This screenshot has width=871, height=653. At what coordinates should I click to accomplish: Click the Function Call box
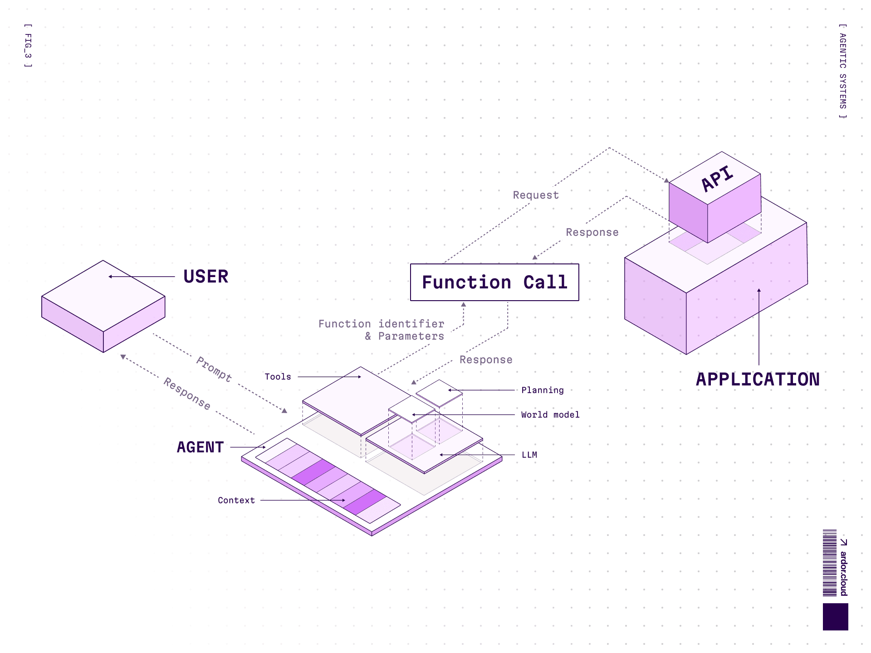coord(494,282)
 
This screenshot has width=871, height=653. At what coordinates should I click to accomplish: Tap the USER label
coord(206,277)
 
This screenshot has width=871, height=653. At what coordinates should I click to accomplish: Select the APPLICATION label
coord(758,380)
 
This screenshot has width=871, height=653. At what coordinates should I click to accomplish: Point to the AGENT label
coord(200,447)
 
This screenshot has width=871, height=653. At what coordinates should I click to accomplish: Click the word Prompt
coord(214,369)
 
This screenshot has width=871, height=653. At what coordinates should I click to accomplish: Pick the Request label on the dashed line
coord(536,195)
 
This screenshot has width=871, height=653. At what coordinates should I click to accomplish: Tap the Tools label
coord(278,377)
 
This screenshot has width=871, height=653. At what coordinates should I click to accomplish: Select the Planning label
coord(543,390)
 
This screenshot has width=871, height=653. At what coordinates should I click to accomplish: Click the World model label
coord(550,414)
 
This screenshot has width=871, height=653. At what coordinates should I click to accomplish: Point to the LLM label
coord(529,455)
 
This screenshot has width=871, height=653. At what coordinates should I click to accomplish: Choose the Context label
coord(236,500)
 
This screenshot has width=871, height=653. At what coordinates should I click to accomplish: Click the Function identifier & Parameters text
coord(382,330)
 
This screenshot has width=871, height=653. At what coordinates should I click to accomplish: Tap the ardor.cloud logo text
coord(843,572)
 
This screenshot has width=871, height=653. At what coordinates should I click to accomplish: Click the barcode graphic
coord(830,563)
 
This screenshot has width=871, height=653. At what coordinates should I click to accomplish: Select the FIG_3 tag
coord(28,46)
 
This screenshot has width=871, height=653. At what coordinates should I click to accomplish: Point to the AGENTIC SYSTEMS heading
coord(842,71)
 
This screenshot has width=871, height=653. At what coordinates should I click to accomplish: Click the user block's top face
coord(103,295)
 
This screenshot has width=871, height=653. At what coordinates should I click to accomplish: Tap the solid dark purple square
coord(835,616)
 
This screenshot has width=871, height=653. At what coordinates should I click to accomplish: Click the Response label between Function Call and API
coord(592,232)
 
